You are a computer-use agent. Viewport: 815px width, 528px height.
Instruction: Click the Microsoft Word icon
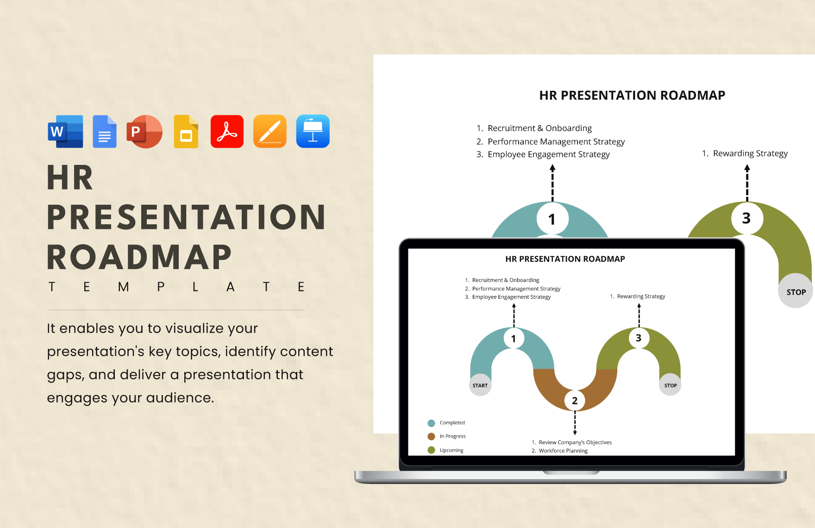pyautogui.click(x=66, y=132)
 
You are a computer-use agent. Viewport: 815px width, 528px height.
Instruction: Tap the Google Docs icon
pyautogui.click(x=105, y=132)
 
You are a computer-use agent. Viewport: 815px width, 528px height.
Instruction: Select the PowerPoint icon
pyautogui.click(x=144, y=132)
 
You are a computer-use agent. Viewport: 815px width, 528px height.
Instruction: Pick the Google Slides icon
pyautogui.click(x=186, y=132)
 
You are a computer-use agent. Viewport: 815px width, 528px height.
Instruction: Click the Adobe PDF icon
pyautogui.click(x=227, y=132)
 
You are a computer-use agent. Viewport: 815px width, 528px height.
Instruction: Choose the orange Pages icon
pyautogui.click(x=270, y=132)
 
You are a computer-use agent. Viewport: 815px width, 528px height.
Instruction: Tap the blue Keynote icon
pyautogui.click(x=313, y=132)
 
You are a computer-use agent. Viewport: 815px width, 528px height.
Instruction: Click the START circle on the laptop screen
pyautogui.click(x=480, y=385)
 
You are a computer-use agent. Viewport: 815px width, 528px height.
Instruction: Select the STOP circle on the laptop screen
pyautogui.click(x=670, y=385)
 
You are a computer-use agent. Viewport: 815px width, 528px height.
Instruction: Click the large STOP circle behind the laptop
pyautogui.click(x=796, y=291)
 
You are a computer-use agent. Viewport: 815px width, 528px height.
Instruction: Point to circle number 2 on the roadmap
pyautogui.click(x=575, y=400)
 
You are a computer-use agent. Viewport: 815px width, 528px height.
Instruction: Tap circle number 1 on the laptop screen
pyautogui.click(x=514, y=339)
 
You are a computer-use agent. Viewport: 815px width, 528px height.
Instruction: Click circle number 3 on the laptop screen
pyautogui.click(x=639, y=338)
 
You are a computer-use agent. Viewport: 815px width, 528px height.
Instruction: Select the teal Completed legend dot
pyautogui.click(x=431, y=423)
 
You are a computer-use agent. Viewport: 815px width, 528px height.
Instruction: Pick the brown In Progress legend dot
pyautogui.click(x=431, y=436)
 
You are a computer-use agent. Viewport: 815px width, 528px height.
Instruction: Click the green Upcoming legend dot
pyautogui.click(x=431, y=450)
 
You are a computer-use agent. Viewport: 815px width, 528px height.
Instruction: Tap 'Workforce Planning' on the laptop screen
pyautogui.click(x=563, y=451)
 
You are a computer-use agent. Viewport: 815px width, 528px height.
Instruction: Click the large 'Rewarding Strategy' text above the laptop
pyautogui.click(x=750, y=153)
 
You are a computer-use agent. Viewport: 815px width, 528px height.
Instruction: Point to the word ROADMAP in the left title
pyautogui.click(x=139, y=258)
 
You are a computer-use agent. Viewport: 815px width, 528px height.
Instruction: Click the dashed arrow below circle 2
pyautogui.click(x=575, y=423)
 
